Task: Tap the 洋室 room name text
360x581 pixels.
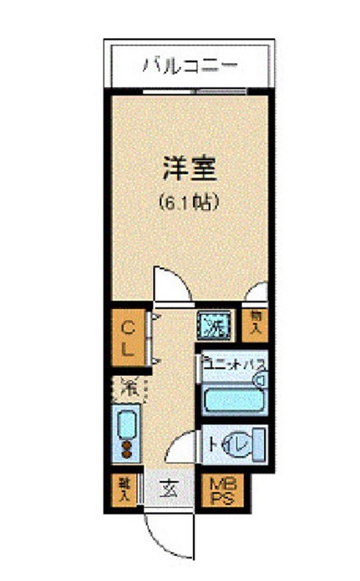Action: point(190,169)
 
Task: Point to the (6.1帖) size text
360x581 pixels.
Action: point(189,203)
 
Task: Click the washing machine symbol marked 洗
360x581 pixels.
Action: point(213,324)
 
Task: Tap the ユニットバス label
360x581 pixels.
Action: point(232,362)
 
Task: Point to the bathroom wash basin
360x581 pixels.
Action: point(262,379)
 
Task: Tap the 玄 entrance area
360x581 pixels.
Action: point(168,488)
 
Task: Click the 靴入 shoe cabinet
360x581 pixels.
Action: point(123,490)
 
